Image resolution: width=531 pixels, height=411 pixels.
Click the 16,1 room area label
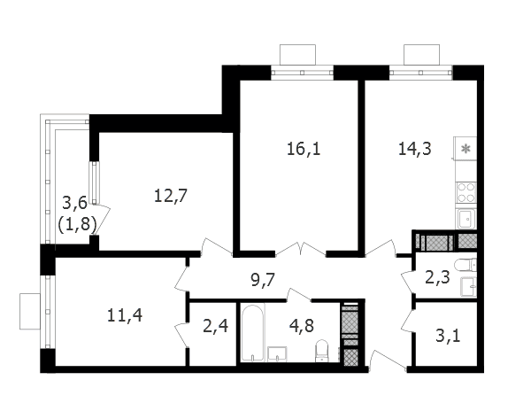(304, 149)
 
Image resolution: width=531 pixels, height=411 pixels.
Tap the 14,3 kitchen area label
(415, 149)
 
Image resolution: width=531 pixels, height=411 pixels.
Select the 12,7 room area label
(171, 196)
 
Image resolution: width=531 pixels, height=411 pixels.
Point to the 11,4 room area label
(125, 315)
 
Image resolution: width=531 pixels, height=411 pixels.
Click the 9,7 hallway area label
(263, 280)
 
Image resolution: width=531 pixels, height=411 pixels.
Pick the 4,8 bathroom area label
(302, 326)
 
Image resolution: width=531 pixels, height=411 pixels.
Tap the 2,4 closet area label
(215, 326)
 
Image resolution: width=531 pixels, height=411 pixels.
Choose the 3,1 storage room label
(448, 336)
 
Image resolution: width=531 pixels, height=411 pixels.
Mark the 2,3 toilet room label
(437, 278)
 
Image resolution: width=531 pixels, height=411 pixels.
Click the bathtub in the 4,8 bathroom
(253, 333)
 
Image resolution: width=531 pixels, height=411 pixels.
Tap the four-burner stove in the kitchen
(466, 192)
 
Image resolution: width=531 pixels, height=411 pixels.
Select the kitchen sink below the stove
(466, 219)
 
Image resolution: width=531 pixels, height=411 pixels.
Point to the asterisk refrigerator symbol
(466, 149)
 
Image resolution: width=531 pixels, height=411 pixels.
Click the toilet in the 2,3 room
(466, 264)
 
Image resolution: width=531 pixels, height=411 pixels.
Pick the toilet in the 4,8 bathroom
(322, 351)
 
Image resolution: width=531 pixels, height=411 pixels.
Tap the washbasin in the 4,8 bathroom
(277, 354)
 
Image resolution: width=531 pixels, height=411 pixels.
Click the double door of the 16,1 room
(301, 248)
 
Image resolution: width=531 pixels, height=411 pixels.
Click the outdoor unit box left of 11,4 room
(30, 311)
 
